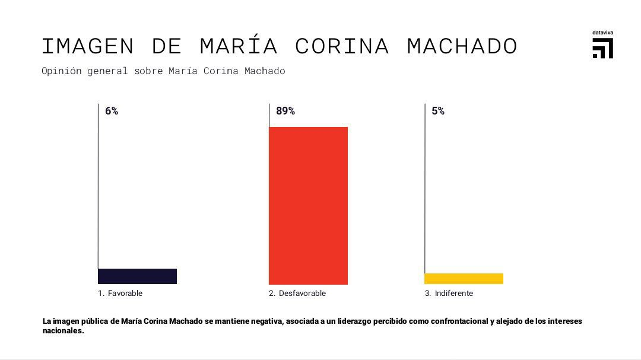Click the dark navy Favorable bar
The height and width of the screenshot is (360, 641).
137,276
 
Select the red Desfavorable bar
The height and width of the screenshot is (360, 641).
308,205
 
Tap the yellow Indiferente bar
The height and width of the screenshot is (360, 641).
464,279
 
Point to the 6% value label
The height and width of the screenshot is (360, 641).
112,111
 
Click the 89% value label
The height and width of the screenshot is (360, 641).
285,111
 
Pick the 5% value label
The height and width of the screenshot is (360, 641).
438,111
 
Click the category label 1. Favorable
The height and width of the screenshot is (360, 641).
120,293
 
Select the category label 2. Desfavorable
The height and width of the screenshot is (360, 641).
297,293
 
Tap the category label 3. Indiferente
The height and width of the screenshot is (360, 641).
449,293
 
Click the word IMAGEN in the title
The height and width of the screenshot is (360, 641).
88,46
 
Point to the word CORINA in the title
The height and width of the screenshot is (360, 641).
342,46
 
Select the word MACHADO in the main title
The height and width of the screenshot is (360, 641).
462,46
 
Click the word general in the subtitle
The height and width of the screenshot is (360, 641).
107,71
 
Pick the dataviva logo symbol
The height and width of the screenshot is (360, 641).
602,48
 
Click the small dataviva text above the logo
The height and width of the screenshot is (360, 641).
602,32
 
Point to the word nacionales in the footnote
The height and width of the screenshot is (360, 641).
62,331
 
